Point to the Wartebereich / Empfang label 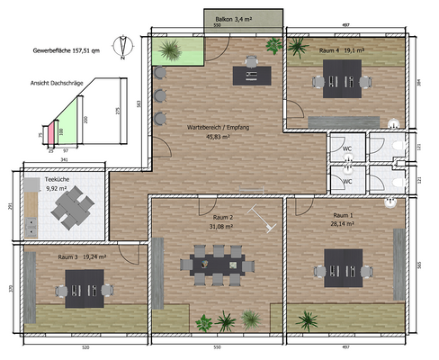(x=217, y=132)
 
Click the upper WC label (x=346, y=148)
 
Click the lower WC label (x=346, y=180)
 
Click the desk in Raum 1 (x=345, y=265)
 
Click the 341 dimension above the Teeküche (x=64, y=160)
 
